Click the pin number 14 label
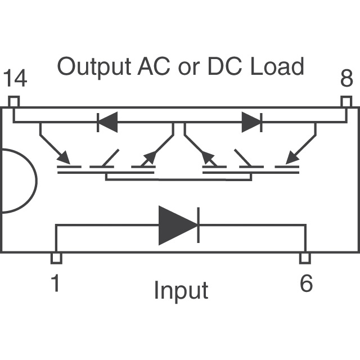15,80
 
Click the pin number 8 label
346,79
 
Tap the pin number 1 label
55,283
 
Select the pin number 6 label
305,283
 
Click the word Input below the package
181,291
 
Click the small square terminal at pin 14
14,102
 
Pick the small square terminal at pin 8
346,102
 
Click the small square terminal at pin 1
56,258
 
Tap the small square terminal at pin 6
304,258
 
